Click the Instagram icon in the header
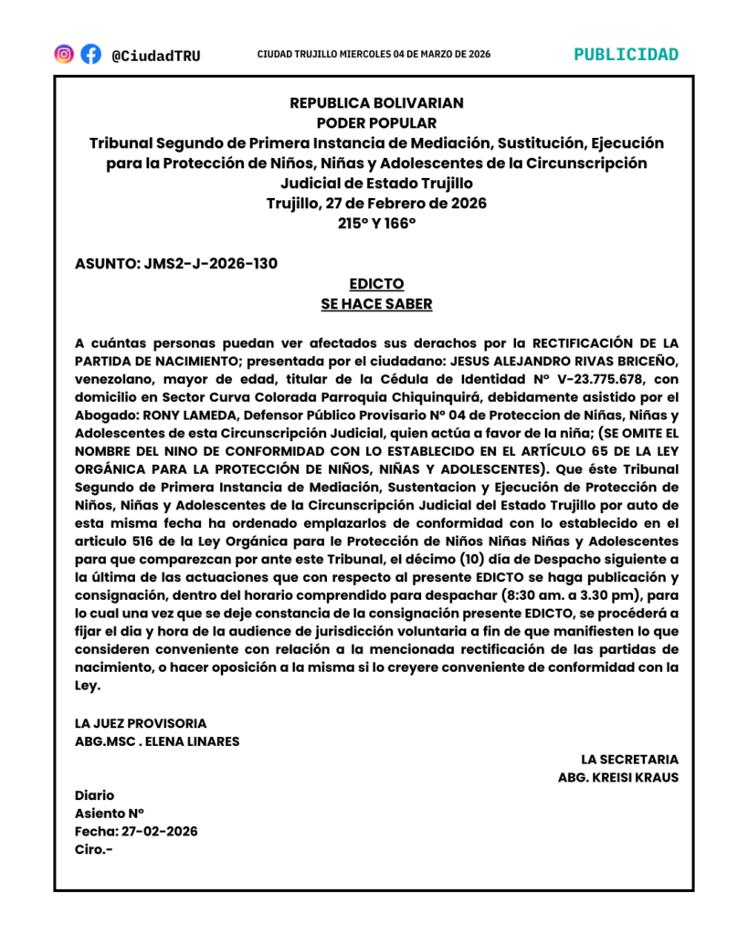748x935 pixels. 64,54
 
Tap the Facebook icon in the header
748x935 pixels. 90,54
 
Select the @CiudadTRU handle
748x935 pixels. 155,56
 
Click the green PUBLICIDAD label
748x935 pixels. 626,54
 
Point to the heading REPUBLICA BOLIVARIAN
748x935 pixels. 376,103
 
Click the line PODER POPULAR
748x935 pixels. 376,123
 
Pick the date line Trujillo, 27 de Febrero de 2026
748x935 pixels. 376,203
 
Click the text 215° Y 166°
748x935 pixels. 376,223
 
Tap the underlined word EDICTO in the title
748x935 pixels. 376,284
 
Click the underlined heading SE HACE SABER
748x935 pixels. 376,304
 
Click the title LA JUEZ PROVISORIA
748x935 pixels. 141,723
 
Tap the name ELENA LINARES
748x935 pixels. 195,741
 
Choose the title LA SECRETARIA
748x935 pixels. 629,760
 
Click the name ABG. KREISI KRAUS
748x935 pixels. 618,778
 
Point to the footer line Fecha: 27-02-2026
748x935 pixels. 136,831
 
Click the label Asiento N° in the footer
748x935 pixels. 110,813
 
